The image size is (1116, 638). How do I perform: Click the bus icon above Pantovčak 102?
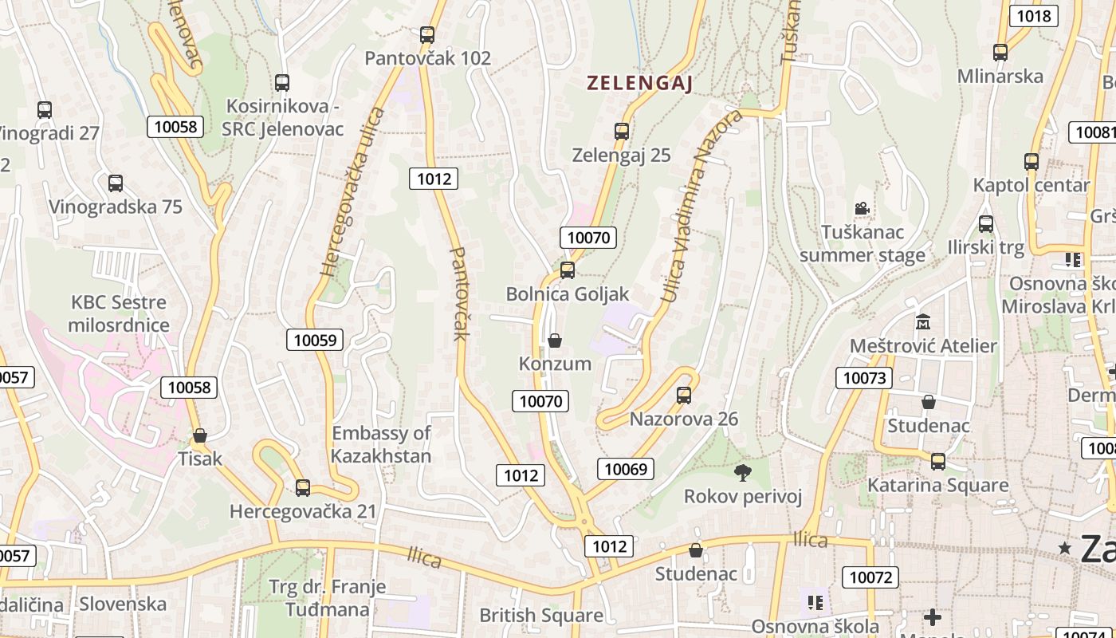427,35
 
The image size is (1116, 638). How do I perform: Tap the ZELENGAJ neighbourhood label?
639,83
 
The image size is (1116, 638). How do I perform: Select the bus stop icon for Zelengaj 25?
622,132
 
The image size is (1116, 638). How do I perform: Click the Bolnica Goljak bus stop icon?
568,270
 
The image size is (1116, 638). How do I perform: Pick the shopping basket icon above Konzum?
555,341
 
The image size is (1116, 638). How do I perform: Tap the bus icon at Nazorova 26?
683,395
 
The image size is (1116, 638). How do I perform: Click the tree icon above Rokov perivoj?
743,473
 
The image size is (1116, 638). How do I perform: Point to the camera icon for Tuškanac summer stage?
862,209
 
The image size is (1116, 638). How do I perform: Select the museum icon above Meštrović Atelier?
923,322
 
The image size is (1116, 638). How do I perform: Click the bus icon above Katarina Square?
937,462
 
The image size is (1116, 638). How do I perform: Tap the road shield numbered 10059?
315,340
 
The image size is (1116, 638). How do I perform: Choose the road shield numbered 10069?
626,469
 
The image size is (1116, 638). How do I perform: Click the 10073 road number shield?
864,378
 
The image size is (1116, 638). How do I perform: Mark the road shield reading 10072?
872,577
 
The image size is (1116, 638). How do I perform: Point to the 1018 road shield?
1034,16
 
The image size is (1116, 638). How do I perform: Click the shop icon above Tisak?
200,435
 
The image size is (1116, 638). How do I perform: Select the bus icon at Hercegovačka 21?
303,488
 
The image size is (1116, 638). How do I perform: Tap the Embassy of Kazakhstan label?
381,445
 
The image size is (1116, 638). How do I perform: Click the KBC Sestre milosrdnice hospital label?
119,313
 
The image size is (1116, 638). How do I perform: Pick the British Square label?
540,616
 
